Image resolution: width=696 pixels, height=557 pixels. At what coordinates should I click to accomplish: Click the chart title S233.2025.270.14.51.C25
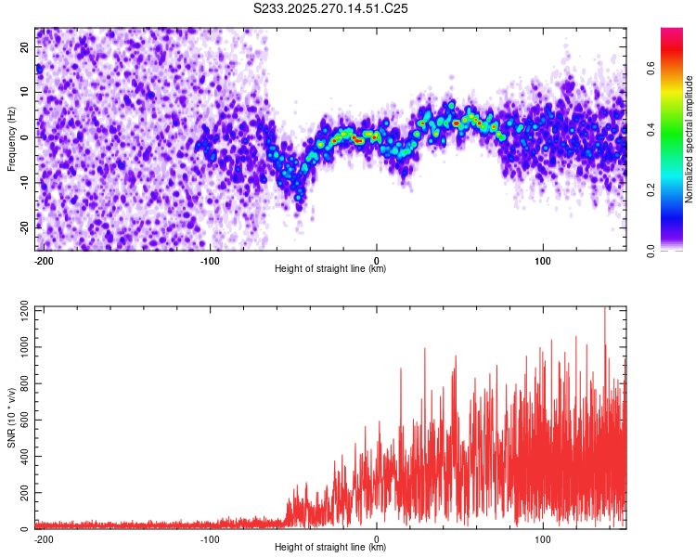point(330,8)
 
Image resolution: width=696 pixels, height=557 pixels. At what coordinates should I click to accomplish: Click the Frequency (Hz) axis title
point(11,139)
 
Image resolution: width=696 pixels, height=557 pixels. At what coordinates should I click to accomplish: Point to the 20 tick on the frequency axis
point(26,48)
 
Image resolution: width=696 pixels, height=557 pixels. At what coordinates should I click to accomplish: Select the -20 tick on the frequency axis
point(24,227)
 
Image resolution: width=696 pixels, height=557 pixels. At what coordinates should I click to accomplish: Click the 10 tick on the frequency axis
point(26,93)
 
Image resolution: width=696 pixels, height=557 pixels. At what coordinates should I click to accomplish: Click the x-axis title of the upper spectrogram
point(330,268)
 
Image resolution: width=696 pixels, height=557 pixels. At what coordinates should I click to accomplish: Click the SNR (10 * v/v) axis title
point(11,418)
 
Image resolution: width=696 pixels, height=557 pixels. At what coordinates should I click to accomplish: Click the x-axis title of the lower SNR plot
point(330,547)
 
